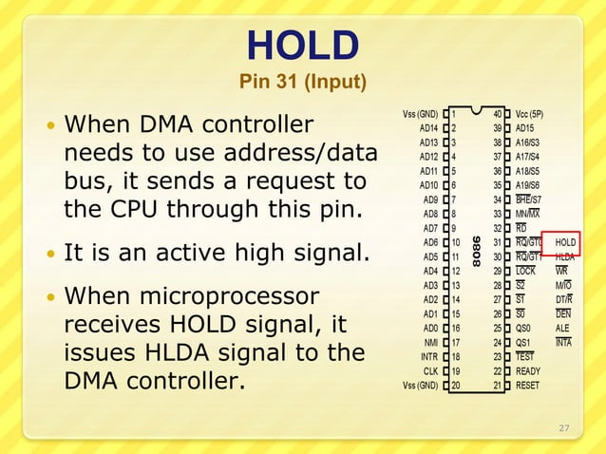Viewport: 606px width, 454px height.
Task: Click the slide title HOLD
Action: coord(303,45)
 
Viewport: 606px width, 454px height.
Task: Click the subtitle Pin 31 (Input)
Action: coord(303,83)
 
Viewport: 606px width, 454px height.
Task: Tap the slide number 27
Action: coord(563,428)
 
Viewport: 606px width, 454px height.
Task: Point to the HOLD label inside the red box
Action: coord(565,242)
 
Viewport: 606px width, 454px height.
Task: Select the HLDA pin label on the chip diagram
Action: coord(565,256)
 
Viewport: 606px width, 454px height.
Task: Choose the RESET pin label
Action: coord(528,386)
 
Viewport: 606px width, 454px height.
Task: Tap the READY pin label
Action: coord(528,371)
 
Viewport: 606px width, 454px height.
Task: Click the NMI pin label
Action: coord(430,343)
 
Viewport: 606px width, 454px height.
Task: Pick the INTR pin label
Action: coord(428,357)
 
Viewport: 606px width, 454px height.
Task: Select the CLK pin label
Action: coord(430,371)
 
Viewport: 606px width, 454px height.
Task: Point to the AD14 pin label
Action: coord(427,128)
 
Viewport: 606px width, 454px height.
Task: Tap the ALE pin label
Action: coord(563,329)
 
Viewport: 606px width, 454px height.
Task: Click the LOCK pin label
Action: coord(526,271)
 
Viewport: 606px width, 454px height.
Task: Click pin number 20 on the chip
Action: coord(455,386)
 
